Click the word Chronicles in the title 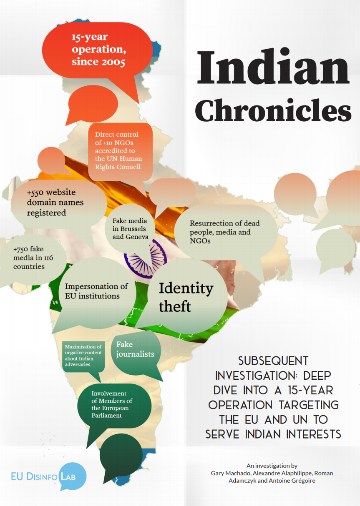point(273,110)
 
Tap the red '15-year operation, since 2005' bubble point(98,50)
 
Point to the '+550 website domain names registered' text point(55,203)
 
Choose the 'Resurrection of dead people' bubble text point(220,232)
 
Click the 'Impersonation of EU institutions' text point(96,291)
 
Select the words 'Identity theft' point(186,297)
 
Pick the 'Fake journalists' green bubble point(135,349)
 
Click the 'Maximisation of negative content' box point(83,356)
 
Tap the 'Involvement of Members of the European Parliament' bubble point(112,404)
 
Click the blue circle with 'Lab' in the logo point(73,475)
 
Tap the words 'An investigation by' point(272,466)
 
